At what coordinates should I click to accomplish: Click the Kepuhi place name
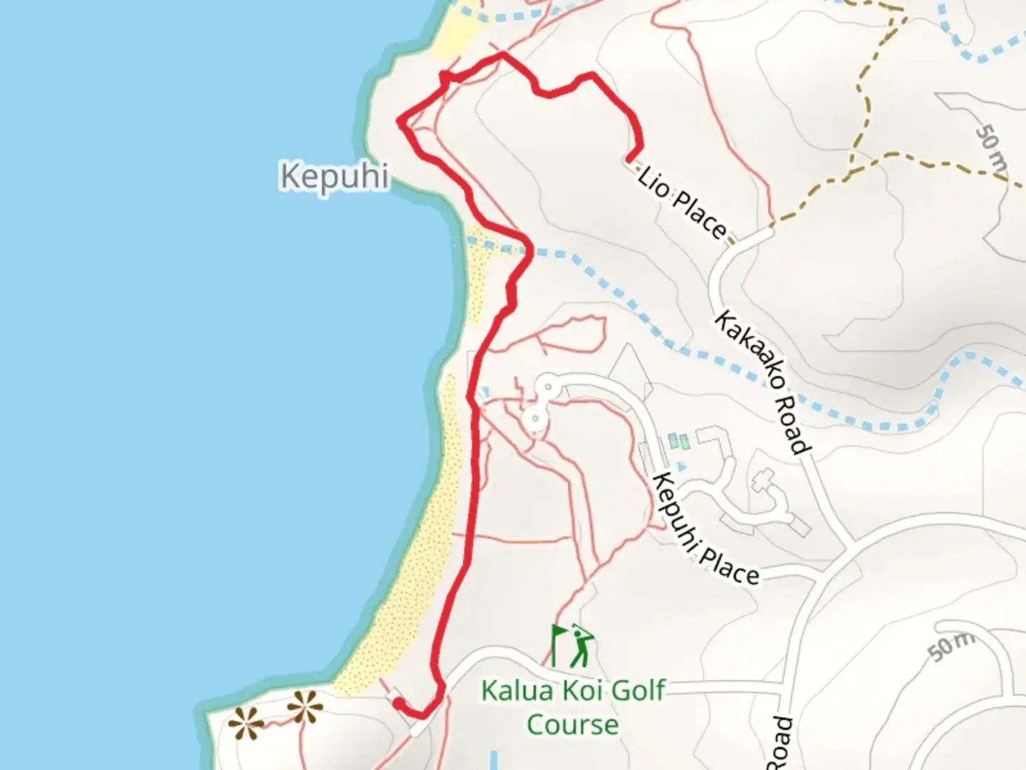tap(334, 175)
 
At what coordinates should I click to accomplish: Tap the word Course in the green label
tap(572, 724)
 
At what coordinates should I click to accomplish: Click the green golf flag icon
tap(558, 644)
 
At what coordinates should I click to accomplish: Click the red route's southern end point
tap(396, 702)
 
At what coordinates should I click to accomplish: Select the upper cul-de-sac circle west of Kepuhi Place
tap(548, 388)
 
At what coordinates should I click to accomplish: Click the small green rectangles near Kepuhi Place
tap(679, 441)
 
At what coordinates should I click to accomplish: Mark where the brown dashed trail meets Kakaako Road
tap(771, 230)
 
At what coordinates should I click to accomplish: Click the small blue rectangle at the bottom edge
tap(494, 760)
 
